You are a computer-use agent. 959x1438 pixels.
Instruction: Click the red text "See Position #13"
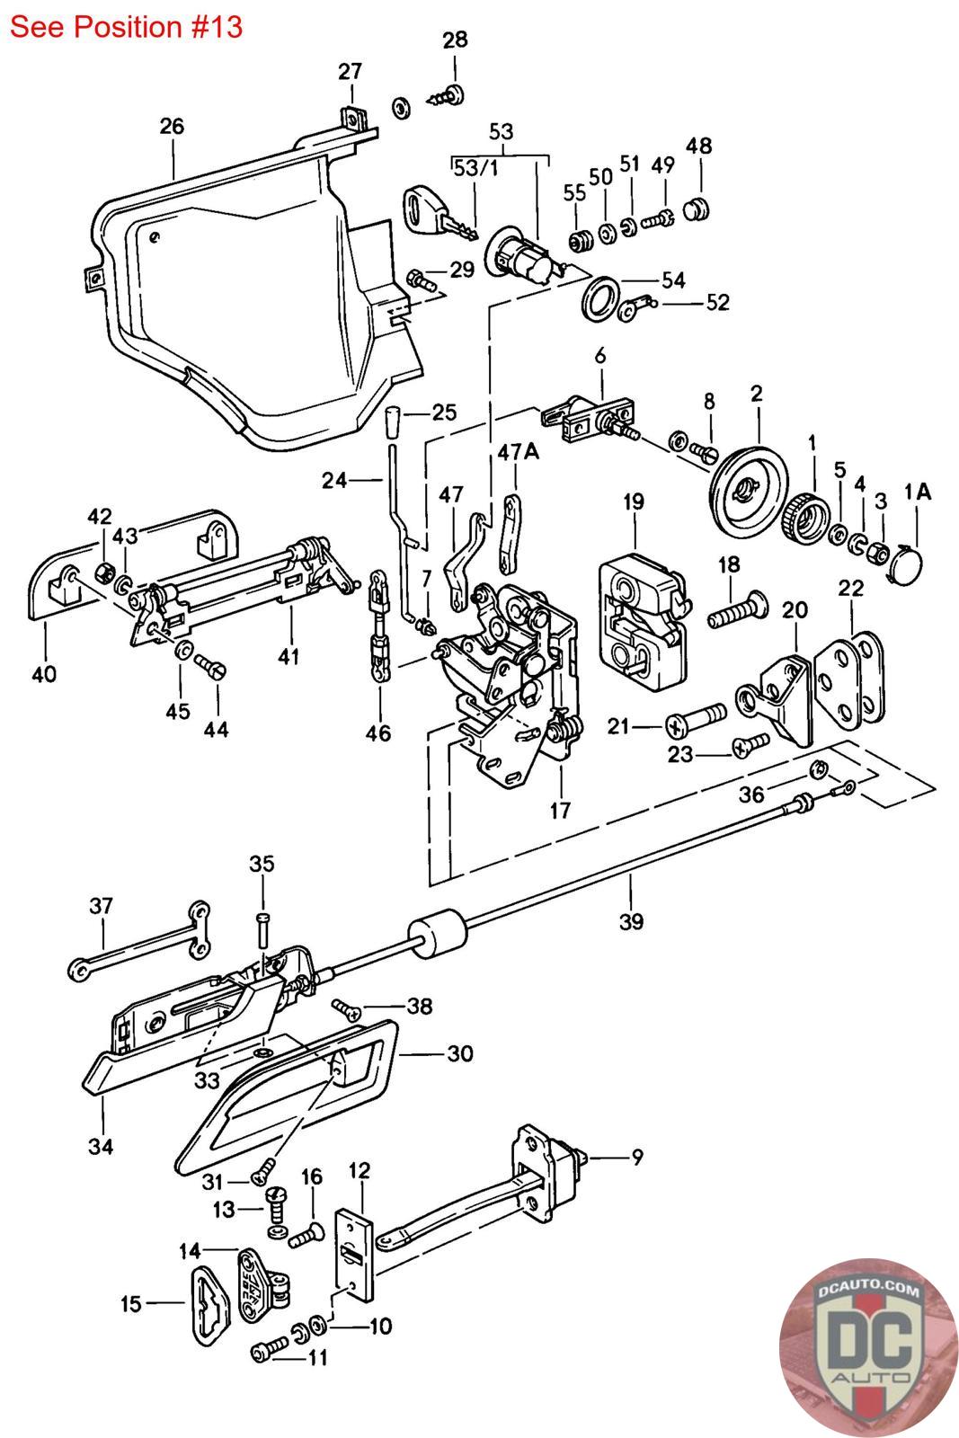126,27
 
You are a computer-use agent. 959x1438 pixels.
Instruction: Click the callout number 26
172,126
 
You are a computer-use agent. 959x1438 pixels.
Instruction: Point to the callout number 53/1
475,168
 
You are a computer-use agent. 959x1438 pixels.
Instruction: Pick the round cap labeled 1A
905,564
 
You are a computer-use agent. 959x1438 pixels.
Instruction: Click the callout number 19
634,502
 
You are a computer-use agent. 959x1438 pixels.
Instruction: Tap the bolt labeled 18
737,611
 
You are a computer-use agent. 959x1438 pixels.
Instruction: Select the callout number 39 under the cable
631,922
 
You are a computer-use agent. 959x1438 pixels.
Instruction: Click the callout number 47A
518,453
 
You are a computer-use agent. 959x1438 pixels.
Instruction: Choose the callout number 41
289,656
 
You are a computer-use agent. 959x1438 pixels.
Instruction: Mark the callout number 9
636,1157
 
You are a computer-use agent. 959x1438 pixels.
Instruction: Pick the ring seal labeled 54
600,298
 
